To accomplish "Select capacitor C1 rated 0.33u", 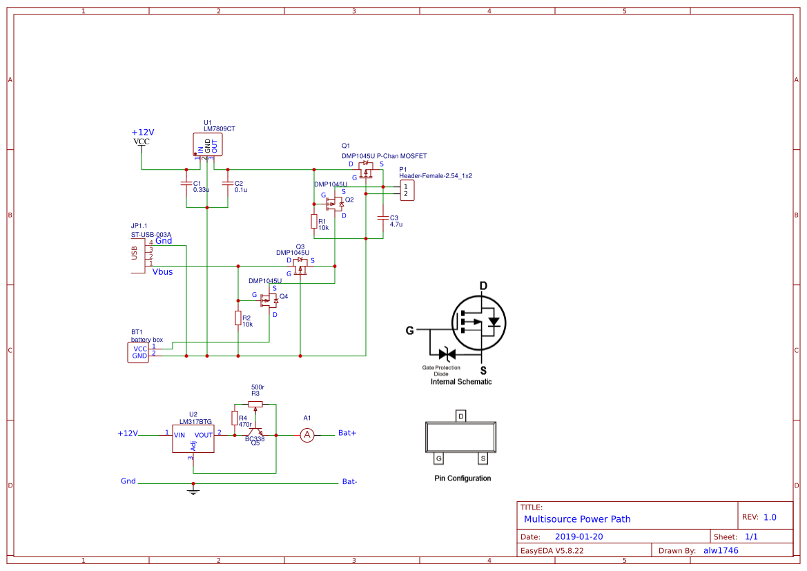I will point(186,184).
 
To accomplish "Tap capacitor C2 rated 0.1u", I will point(228,184).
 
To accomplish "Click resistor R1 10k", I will point(313,222).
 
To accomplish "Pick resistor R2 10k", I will point(237,318).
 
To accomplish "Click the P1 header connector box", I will point(407,190).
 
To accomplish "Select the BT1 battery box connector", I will point(138,352).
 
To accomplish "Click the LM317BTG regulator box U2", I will point(193,438).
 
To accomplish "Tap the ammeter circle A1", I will point(308,435).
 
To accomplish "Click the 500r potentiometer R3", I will point(255,404).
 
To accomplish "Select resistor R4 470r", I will point(234,418).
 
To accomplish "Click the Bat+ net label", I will point(347,433).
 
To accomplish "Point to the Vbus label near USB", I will point(162,272).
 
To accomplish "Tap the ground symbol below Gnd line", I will point(193,492).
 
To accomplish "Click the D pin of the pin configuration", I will point(461,416).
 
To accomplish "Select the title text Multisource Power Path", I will point(577,519).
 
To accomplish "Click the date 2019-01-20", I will point(579,536).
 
